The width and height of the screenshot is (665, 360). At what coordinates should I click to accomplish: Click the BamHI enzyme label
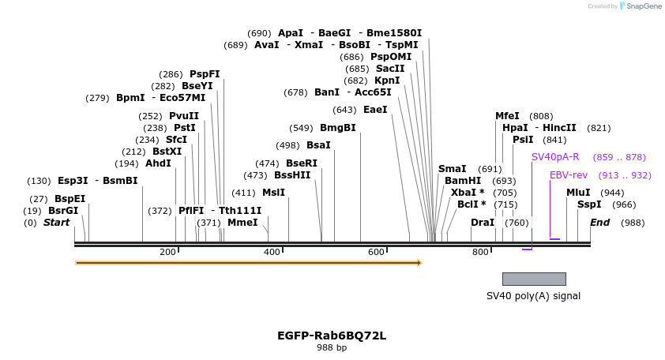(463, 181)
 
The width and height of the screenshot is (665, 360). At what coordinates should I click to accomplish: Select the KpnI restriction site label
(387, 81)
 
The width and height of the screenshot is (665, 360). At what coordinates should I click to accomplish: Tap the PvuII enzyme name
(184, 116)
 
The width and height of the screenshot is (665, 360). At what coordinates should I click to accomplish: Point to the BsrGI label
(63, 211)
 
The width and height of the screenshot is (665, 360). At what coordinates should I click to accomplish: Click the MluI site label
(578, 193)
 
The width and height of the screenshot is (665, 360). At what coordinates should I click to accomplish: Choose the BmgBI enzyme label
(337, 128)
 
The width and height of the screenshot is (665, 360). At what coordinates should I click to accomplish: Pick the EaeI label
(375, 110)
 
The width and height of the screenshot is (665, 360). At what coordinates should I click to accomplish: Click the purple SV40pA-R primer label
(555, 157)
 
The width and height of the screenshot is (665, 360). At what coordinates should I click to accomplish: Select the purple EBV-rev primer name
(569, 175)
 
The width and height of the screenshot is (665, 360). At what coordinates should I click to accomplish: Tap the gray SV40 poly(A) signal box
(535, 279)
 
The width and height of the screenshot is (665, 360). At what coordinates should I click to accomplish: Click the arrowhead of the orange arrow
(420, 263)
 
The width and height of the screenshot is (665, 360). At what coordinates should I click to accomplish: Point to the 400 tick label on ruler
(272, 253)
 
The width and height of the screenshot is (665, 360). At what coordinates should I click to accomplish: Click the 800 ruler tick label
(480, 253)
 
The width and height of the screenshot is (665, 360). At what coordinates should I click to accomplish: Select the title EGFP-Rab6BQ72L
(332, 336)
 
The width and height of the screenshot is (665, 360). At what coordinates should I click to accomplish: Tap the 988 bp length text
(332, 347)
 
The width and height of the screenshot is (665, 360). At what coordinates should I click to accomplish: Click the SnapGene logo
(641, 6)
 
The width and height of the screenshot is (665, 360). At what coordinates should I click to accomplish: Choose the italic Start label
(56, 223)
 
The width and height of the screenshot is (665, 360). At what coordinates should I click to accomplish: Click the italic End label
(599, 223)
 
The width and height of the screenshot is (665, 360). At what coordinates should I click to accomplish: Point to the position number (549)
(301, 128)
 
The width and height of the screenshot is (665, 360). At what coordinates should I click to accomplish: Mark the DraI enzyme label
(483, 223)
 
